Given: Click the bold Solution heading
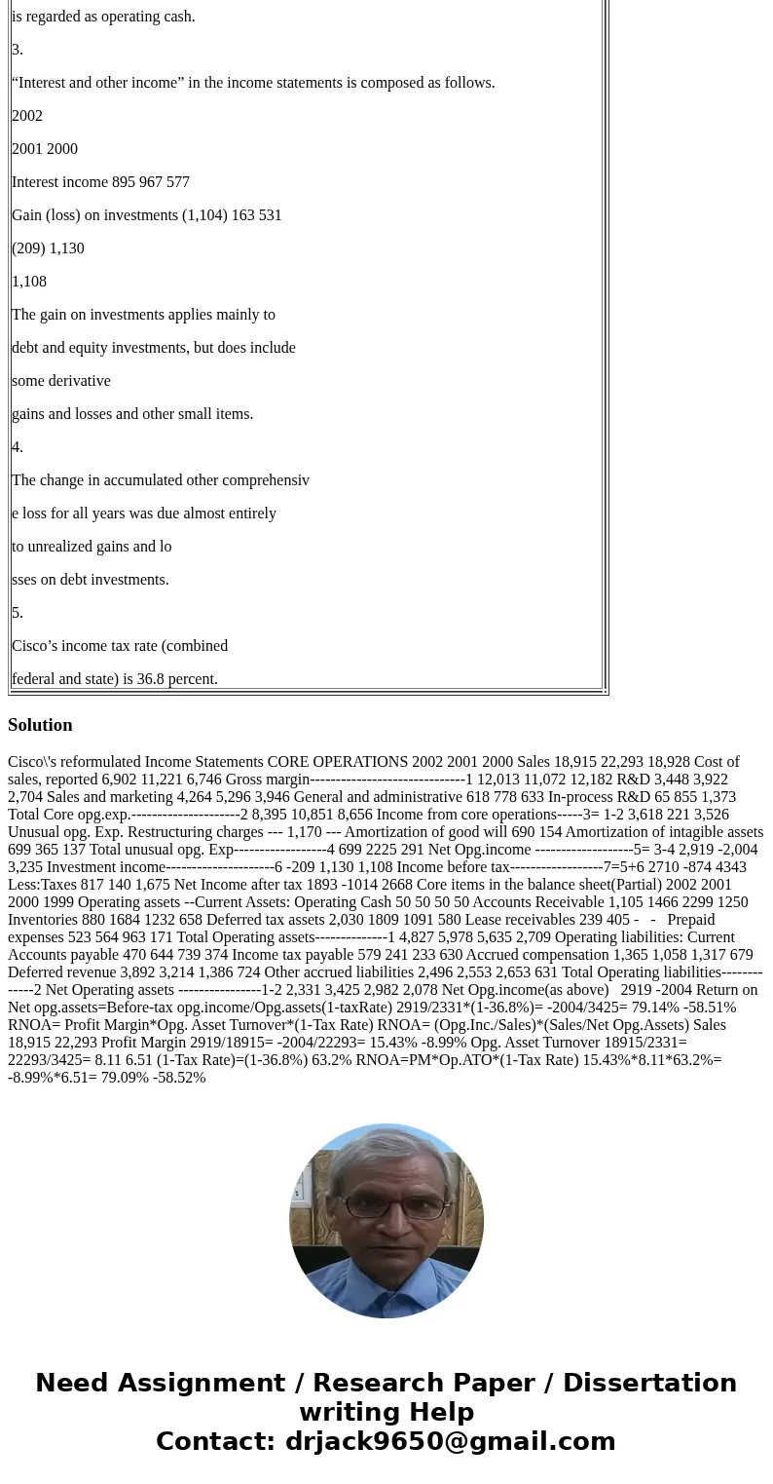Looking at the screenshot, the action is click(x=40, y=725).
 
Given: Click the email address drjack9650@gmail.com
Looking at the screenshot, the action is click(x=450, y=1441).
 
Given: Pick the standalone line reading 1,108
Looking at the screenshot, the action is click(x=29, y=282).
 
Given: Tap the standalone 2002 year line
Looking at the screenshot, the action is click(x=27, y=116).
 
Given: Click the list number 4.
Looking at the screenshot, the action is click(x=17, y=447).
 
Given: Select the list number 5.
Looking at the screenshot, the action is click(x=17, y=613).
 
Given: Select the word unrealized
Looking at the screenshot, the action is click(x=62, y=547).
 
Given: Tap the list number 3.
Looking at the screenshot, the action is click(x=17, y=50).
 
